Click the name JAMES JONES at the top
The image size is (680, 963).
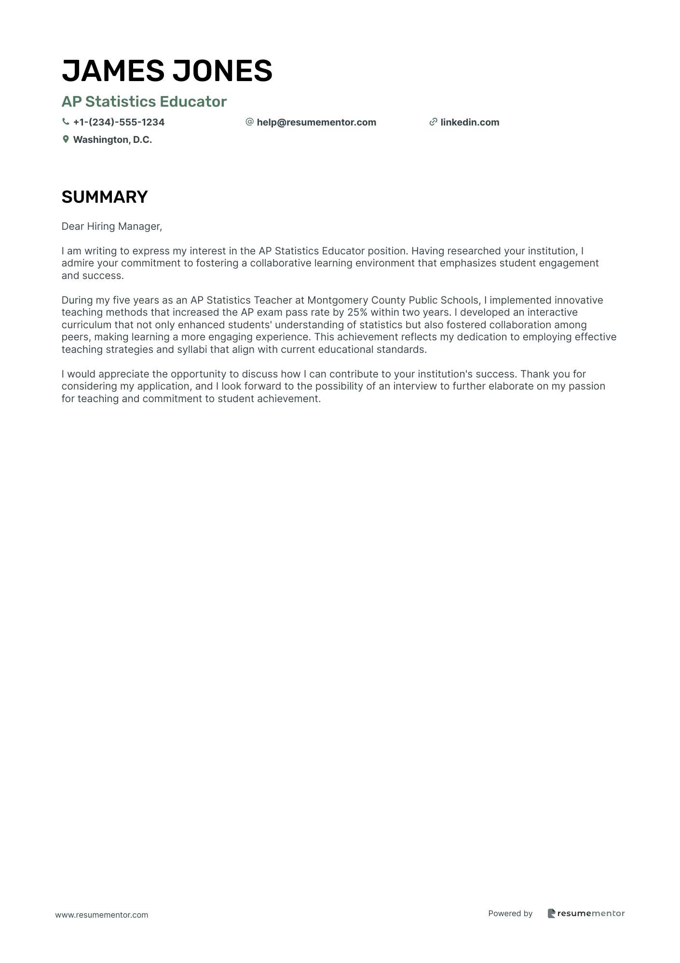tap(167, 70)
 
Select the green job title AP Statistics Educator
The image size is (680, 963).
tap(144, 101)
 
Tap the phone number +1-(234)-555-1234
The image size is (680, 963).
tap(119, 122)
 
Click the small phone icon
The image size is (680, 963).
tap(66, 122)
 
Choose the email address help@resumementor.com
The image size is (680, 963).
tap(316, 122)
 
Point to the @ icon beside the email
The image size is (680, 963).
tap(249, 122)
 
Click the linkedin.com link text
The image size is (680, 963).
tap(470, 122)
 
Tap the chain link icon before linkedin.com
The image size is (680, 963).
tap(433, 122)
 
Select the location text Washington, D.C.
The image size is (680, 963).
tap(112, 140)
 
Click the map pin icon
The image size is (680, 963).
tap(66, 140)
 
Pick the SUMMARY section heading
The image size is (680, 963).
tap(105, 197)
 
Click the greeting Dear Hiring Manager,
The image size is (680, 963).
tap(112, 226)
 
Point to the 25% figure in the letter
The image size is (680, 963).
tap(357, 312)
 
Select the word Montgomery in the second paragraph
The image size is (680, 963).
tap(338, 300)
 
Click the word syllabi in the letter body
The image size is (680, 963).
tap(192, 349)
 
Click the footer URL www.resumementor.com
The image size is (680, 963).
tap(102, 915)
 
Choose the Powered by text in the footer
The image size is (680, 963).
tap(510, 913)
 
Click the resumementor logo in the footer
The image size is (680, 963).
tap(586, 913)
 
